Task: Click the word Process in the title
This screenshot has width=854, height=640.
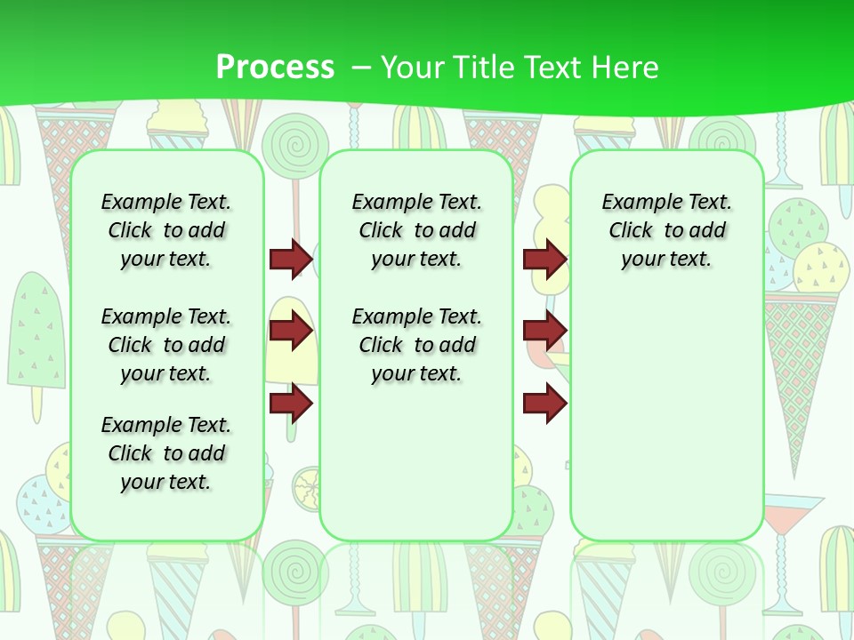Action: click(x=275, y=67)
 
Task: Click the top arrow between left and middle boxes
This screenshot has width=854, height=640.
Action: click(x=291, y=259)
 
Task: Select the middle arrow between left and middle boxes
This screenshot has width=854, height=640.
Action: click(x=291, y=331)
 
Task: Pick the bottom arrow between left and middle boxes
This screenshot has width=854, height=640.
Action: click(x=291, y=403)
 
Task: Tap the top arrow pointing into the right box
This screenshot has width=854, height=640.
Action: click(x=544, y=259)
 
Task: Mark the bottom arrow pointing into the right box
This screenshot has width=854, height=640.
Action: click(x=544, y=403)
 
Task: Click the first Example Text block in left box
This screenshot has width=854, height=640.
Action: click(x=166, y=230)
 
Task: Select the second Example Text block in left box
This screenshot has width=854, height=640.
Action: click(x=166, y=345)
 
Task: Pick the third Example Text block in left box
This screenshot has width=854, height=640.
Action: click(x=166, y=453)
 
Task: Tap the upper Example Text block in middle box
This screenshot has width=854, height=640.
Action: click(x=416, y=230)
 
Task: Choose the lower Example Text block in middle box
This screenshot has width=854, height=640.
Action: click(x=416, y=345)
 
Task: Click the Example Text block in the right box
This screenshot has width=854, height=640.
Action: click(x=666, y=230)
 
